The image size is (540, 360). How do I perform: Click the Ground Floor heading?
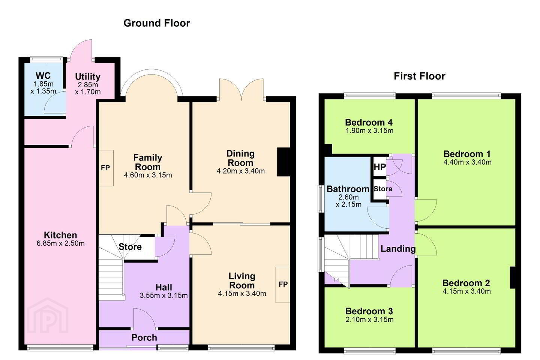coord(157,23)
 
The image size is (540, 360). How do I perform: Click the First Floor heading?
coord(420,76)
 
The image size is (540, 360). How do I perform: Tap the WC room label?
coord(43,76)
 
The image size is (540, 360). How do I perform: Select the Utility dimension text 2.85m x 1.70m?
coord(88,88)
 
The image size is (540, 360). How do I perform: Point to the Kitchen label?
coord(60,235)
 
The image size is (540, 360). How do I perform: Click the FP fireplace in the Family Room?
coord(106,168)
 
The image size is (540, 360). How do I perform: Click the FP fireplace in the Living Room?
coord(283,285)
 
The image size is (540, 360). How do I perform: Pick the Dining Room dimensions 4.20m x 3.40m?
coord(241,171)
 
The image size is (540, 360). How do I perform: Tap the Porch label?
coord(144,337)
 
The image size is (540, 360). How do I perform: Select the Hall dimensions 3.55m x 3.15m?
coord(163,295)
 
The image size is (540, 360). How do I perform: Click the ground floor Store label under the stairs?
coord(130,247)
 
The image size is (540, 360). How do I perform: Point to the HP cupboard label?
coord(379,167)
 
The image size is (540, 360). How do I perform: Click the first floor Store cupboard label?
coord(383,189)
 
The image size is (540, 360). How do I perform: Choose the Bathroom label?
coord(348,189)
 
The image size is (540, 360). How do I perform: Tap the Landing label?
coord(398,249)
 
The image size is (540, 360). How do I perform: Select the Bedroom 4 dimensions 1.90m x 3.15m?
coord(369,131)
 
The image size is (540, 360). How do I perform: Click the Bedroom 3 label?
coord(369,311)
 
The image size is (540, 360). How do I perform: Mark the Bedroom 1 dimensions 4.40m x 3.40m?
coord(467,162)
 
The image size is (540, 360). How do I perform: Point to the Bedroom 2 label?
coord(466,283)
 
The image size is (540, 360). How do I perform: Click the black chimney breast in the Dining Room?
coord(283,162)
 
